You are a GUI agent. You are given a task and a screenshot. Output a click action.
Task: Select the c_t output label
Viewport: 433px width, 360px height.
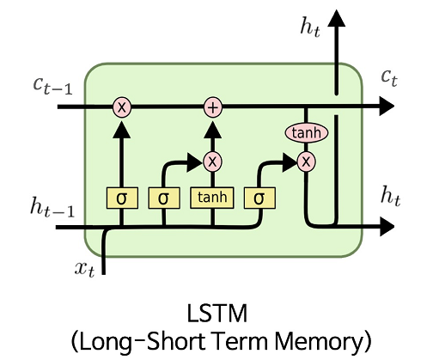[392, 78]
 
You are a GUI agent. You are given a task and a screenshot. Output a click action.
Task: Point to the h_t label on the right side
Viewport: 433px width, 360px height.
[391, 196]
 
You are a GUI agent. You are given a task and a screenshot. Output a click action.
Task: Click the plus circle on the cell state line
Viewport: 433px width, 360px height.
[211, 107]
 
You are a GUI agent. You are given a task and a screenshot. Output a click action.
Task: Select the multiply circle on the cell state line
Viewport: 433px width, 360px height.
[122, 107]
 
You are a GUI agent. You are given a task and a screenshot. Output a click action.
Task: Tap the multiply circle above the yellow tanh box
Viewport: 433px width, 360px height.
[211, 161]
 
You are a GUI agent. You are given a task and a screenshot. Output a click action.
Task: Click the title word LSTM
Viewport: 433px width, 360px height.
[217, 308]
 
